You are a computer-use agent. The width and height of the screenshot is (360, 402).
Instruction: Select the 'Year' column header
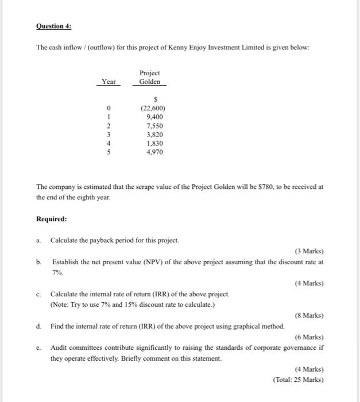coord(109,82)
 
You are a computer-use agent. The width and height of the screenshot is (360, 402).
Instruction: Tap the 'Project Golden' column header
coord(150,78)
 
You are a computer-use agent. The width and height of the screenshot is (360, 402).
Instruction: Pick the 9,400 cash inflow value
coord(153,117)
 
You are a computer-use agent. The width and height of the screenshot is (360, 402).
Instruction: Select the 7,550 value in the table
coord(153,126)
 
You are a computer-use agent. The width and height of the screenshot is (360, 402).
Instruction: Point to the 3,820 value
coord(153,134)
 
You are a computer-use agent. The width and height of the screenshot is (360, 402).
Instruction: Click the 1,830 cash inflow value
coord(153,143)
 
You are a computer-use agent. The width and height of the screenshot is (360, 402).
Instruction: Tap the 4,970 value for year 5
coord(153,152)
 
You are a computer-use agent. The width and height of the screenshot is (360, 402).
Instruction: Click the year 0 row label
coord(109,108)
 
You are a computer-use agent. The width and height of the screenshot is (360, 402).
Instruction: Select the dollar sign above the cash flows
coord(153,99)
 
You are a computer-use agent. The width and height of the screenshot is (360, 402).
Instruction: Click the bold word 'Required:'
coord(51,219)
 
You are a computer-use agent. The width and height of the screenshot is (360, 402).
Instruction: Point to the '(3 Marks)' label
coord(308,251)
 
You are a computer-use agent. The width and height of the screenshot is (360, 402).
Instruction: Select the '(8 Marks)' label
coord(308,315)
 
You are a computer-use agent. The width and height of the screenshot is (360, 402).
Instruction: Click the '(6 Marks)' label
coord(308,337)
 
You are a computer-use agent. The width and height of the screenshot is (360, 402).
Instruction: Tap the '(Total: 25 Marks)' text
coord(298,380)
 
